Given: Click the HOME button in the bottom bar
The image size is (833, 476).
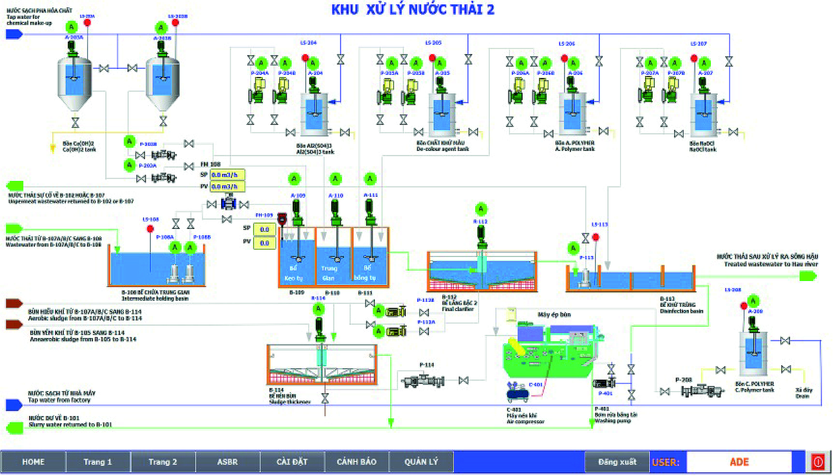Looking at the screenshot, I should pos(33,462).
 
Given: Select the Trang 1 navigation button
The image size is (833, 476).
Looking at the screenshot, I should pos(98,462).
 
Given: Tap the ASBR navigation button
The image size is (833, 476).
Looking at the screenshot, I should pos(227,462).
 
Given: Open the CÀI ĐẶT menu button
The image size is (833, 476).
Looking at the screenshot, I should pos(292,462).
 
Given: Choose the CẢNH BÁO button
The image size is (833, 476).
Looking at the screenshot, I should pos(356,462).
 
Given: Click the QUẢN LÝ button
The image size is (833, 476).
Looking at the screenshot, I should pos(421,462).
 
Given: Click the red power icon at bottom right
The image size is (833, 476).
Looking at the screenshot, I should pos(818,462).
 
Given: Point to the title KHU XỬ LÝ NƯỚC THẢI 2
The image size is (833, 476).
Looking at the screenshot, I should pos(413,9).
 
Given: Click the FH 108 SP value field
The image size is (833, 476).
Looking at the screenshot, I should pos(227,175).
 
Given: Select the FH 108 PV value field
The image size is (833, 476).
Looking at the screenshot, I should pos(227,187).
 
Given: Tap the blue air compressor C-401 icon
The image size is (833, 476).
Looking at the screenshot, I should pos(518,392).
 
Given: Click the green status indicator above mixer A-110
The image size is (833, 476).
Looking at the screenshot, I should pos(335,179).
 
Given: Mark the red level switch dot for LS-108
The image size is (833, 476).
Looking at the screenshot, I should pos(150,229).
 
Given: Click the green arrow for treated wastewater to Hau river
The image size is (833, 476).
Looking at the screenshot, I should pos(808,276).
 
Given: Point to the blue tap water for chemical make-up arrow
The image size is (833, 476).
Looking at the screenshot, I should pos(14,34).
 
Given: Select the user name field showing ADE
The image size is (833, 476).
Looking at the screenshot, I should pos(739,462).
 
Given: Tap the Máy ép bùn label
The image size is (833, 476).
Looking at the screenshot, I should pos(554,315).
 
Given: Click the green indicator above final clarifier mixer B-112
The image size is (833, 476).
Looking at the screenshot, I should pos(481,209).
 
